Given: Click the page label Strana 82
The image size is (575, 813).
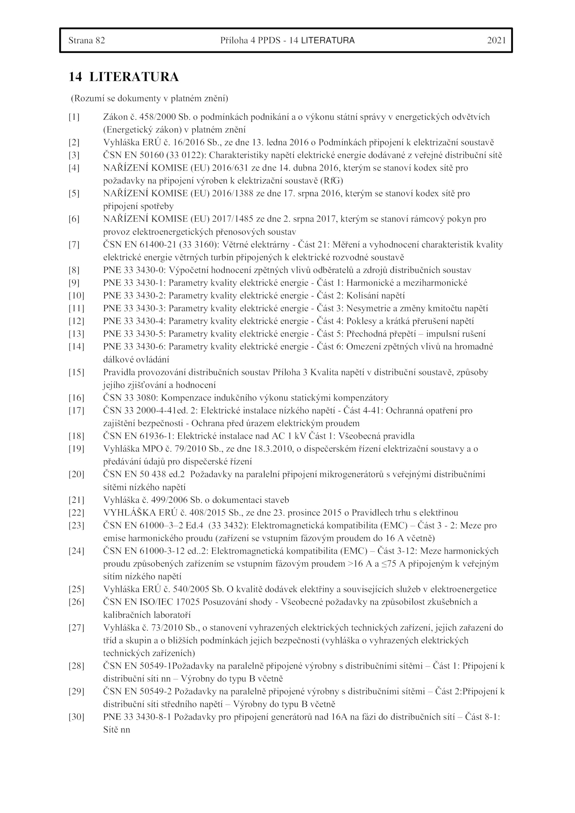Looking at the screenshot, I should click(x=87, y=40).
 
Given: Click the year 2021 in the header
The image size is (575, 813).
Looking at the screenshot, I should click(x=496, y=40).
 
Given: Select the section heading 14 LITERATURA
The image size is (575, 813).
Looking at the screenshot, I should click(x=124, y=77).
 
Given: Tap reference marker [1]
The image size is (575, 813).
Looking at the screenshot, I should click(x=74, y=117).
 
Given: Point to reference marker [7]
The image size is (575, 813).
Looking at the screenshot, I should click(x=74, y=245).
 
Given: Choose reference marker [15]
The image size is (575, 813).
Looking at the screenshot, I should click(x=76, y=372).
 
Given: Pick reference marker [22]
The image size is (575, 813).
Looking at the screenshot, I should click(x=76, y=513).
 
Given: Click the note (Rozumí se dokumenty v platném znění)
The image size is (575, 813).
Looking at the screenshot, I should click(x=149, y=98).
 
